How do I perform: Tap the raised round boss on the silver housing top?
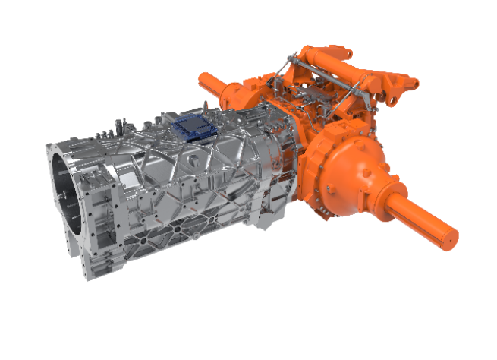coord(195,161)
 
